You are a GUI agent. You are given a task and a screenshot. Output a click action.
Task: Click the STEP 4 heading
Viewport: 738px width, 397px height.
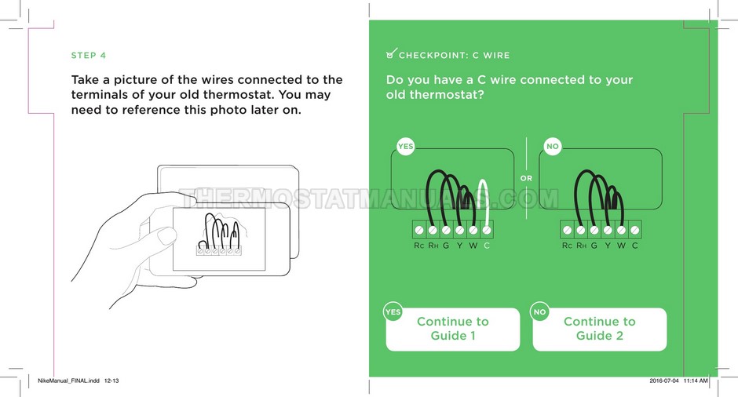[x=89, y=56]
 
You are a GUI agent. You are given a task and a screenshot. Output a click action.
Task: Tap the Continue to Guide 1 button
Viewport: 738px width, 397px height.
[x=453, y=329]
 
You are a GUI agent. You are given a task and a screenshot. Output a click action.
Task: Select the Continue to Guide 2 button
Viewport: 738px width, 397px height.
[x=600, y=329]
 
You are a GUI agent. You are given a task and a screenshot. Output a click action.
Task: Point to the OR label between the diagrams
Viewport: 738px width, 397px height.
[x=526, y=178]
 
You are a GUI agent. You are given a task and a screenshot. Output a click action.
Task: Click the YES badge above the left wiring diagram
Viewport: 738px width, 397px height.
[x=405, y=146]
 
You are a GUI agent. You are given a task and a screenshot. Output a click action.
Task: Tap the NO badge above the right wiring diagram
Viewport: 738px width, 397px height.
[x=553, y=146]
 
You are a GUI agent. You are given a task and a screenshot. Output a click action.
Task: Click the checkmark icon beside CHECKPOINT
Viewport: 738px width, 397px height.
[x=391, y=53]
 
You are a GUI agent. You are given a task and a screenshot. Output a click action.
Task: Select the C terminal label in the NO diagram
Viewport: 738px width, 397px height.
[x=635, y=246]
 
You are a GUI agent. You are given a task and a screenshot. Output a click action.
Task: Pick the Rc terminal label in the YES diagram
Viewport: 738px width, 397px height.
[x=419, y=246]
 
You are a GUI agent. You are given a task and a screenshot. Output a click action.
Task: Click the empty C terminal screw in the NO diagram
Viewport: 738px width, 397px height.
[x=635, y=230]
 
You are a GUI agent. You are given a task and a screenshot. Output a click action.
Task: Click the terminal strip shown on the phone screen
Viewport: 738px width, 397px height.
[x=219, y=251]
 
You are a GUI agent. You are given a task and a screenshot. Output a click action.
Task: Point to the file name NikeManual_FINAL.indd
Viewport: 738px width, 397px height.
[x=69, y=381]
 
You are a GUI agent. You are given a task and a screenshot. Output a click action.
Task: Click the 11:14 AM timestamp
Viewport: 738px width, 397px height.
[x=696, y=381]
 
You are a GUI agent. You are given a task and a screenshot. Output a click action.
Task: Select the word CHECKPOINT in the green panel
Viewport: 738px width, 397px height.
[x=433, y=56]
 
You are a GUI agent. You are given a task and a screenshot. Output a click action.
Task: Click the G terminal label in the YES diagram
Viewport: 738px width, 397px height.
[x=446, y=246]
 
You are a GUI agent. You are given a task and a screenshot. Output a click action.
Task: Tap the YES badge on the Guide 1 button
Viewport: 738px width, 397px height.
[x=393, y=311]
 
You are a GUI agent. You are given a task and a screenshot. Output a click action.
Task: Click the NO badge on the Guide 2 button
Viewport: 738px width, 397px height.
[x=540, y=311]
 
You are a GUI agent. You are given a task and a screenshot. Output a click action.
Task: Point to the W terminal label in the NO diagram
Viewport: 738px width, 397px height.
[x=621, y=246]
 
